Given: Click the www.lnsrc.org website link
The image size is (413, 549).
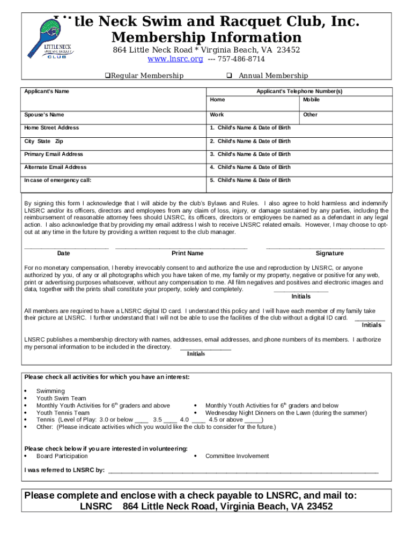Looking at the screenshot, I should [x=175, y=59].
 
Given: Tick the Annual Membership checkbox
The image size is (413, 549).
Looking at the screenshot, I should [x=228, y=76].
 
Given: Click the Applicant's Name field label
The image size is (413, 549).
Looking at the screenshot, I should [x=47, y=91].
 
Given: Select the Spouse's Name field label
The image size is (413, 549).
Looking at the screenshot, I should [x=44, y=115].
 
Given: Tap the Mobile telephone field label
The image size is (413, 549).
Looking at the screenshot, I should [x=312, y=100].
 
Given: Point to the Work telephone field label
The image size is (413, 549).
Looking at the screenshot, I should [x=217, y=115].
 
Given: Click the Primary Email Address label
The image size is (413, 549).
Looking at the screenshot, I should [x=54, y=154].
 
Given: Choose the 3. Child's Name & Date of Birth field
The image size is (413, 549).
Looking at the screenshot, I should [x=250, y=154].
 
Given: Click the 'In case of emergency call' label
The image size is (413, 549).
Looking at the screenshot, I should [x=58, y=181].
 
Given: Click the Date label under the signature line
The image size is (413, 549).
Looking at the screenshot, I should [x=63, y=253].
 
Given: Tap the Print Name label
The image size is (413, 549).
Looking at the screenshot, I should [x=187, y=253].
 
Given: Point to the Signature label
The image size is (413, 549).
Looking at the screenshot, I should [x=330, y=253].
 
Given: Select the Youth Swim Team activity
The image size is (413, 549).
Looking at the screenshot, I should [x=61, y=398].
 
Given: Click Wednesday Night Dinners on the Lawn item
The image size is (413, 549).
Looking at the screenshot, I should [x=286, y=413].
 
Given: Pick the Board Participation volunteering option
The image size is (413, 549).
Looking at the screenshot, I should [x=62, y=456].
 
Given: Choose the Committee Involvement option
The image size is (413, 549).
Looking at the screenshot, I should [x=237, y=456].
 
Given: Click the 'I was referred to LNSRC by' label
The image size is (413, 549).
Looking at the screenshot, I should [x=64, y=470].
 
